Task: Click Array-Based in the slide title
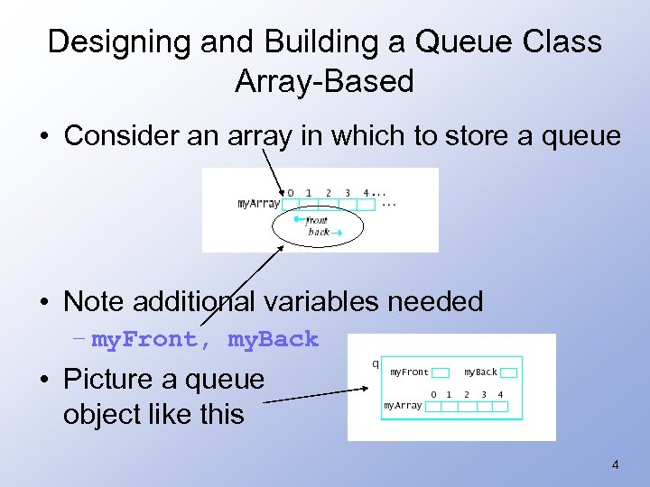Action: point(324,81)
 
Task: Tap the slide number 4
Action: point(615,465)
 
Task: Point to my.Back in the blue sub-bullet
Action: point(274,339)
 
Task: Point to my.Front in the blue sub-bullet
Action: point(144,339)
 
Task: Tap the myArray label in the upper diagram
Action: point(258,204)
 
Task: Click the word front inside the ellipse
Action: point(317,220)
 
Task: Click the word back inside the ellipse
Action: point(318,232)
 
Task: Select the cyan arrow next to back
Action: point(337,233)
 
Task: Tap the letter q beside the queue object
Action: point(376,364)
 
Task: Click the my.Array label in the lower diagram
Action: point(403,406)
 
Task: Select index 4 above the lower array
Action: point(500,394)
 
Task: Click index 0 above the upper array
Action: point(290,192)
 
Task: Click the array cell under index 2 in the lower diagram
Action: point(468,407)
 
